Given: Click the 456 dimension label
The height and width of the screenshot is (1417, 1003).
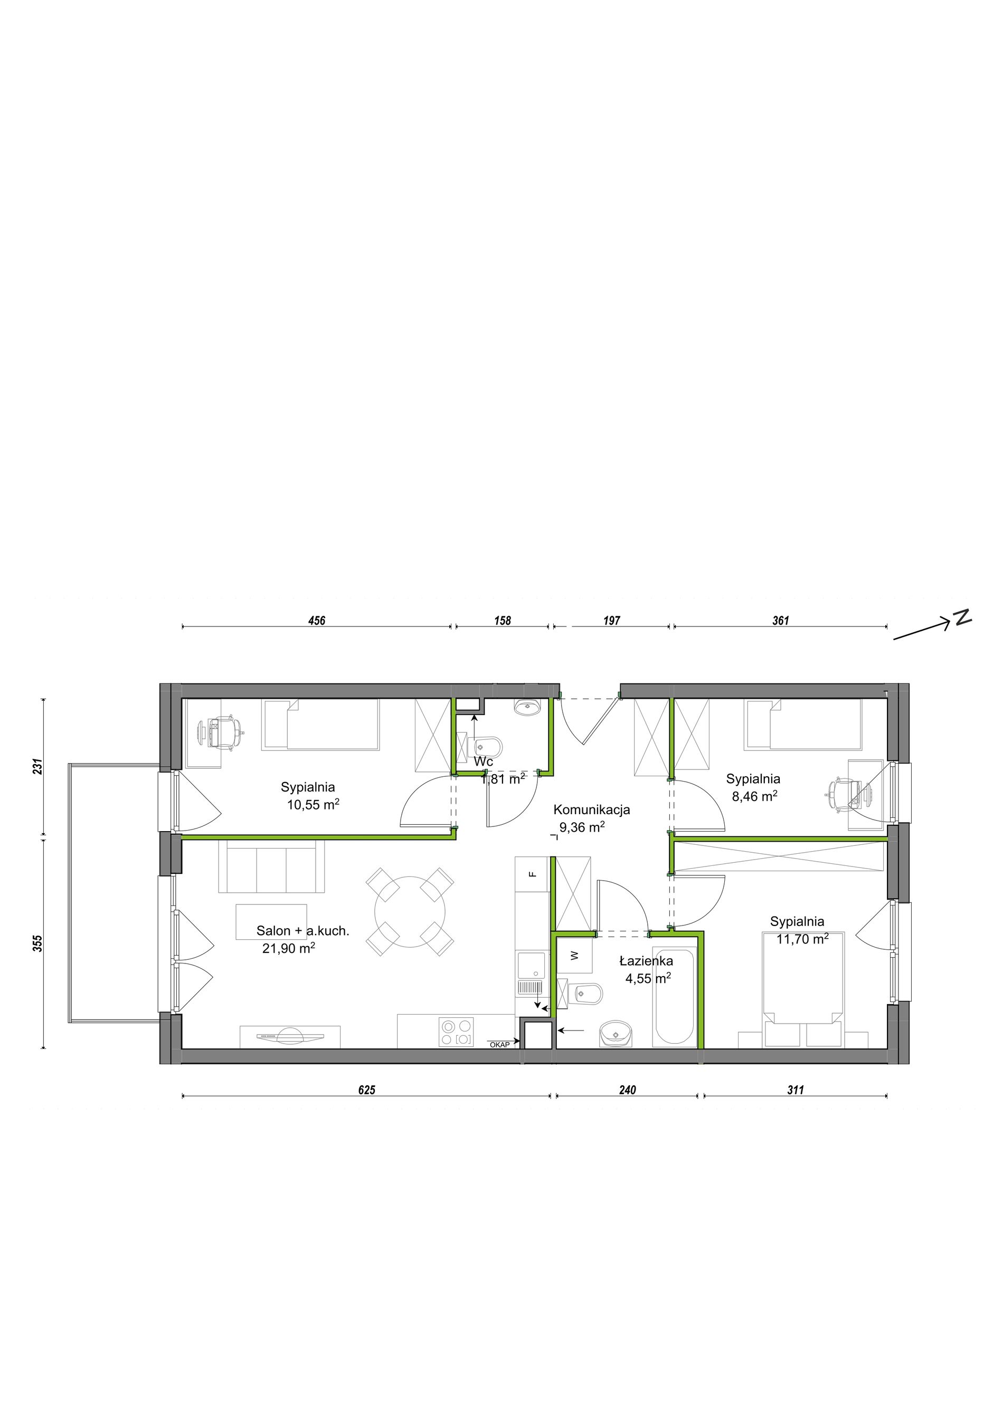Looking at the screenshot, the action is point(317,621).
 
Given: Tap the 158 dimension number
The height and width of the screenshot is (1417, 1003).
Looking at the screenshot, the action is point(503,621).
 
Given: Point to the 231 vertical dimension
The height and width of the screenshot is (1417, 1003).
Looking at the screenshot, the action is point(39,767).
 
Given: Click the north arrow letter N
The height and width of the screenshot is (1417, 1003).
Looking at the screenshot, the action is point(962,618).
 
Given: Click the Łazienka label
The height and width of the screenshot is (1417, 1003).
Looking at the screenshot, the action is point(647,961).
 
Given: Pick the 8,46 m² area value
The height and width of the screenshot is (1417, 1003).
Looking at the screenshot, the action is point(754,796).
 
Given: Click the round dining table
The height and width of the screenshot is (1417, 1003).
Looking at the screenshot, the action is point(410,912).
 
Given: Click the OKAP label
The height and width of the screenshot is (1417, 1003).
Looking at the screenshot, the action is point(499,1045).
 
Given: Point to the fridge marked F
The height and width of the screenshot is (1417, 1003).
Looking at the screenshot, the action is point(532,874).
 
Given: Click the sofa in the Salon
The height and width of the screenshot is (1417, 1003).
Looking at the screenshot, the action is point(272,866).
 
